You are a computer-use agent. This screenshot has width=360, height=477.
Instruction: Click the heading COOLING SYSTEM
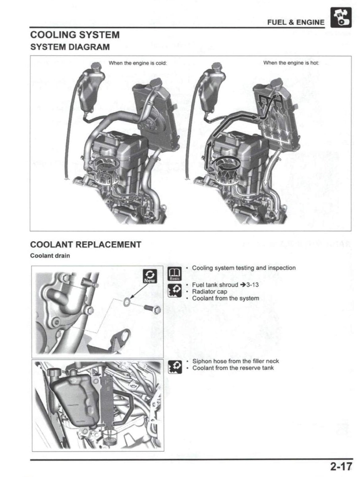tap(75, 35)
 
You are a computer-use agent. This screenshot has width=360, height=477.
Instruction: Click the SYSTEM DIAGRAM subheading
tap(70, 47)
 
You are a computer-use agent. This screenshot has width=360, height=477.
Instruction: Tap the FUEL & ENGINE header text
tap(295, 22)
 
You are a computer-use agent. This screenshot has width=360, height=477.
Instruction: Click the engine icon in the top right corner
tap(341, 19)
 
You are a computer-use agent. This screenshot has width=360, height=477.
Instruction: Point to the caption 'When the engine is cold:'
tap(137, 63)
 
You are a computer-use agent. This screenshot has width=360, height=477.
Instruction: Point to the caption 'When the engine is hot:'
tap(291, 63)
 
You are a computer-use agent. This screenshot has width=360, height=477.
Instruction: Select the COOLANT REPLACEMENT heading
tap(85, 244)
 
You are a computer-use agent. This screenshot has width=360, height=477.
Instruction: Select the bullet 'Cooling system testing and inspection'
tap(244, 268)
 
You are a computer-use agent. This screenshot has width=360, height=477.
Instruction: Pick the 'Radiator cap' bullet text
tap(209, 292)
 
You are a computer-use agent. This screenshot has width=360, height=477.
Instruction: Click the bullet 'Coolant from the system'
tap(225, 298)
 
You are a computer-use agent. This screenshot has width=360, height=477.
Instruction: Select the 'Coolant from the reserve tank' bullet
tap(233, 368)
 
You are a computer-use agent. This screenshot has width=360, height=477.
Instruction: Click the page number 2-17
tap(340, 465)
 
